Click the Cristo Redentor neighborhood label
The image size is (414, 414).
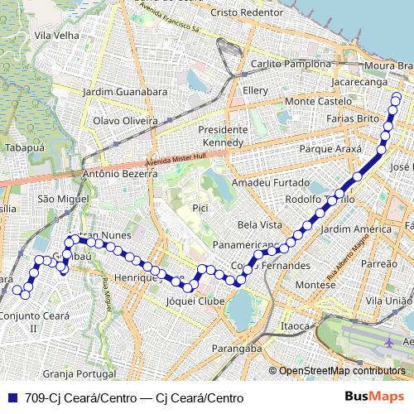247,13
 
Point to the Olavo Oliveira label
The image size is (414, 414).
124,121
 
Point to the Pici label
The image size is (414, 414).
200,207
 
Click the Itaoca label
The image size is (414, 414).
294,326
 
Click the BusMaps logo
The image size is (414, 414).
374,397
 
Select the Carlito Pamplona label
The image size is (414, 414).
285,64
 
